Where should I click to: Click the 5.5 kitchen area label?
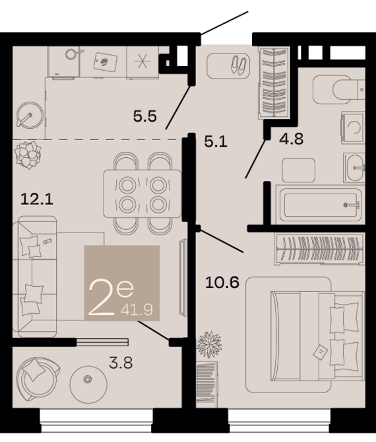tap(144, 116)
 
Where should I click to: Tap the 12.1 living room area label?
tap(37, 200)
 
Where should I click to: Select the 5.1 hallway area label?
tap(216, 141)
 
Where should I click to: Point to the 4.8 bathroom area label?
tap(291, 139)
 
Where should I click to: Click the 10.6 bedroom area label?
tap(222, 282)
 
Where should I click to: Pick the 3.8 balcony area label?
tap(121, 363)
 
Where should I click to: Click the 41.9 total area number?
tap(137, 310)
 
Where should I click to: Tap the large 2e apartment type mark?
tap(111, 297)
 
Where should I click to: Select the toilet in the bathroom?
tap(339, 89)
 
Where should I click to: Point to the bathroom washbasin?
tap(354, 168)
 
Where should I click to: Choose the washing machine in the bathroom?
tap(353, 128)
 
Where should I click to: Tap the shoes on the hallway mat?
tap(239, 65)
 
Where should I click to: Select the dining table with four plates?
tap(142, 194)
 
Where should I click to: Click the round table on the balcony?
tap(88, 385)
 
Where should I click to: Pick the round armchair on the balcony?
tap(38, 379)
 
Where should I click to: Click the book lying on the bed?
tap(321, 352)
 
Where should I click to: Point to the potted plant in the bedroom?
tap(209, 344)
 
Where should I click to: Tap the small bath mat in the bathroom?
tap(299, 170)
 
